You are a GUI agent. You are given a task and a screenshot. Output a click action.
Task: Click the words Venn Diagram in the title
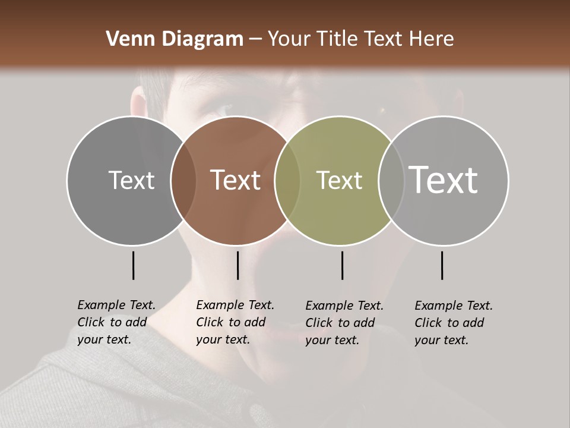pyautogui.click(x=174, y=39)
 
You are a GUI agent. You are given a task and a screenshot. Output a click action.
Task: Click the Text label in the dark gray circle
pyautogui.click(x=131, y=180)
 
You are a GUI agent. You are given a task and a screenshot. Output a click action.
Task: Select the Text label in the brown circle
pyautogui.click(x=235, y=180)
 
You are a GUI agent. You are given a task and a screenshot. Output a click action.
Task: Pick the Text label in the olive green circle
pyautogui.click(x=339, y=180)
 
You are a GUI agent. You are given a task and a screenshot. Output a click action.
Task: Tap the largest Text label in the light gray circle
pyautogui.click(x=443, y=180)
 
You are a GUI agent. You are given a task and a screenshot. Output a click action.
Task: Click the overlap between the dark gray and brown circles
pyautogui.click(x=183, y=181)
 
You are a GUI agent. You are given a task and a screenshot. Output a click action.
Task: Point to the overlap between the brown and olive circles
pyautogui.click(x=287, y=181)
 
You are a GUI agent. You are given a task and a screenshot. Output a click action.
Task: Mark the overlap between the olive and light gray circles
pyautogui.click(x=391, y=181)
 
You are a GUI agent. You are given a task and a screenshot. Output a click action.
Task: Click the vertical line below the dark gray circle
pyautogui.click(x=133, y=265)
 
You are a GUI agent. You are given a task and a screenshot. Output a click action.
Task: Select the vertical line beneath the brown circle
pyautogui.click(x=237, y=265)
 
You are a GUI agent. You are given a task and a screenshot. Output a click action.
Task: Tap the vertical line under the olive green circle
pyautogui.click(x=342, y=265)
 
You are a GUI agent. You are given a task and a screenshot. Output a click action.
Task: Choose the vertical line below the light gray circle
pyautogui.click(x=442, y=265)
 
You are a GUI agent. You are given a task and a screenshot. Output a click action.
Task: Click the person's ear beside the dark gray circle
pyautogui.click(x=138, y=105)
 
